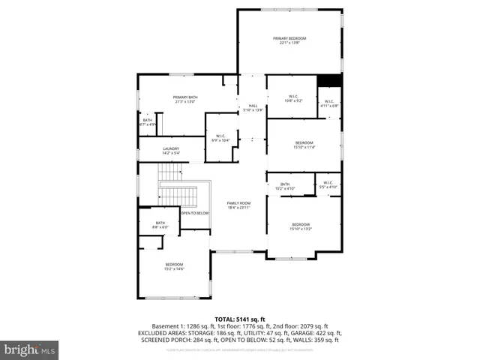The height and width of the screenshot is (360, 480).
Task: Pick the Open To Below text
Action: [194, 213]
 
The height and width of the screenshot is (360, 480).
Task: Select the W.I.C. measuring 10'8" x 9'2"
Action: [292, 97]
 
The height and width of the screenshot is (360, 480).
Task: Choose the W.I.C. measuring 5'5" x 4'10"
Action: [328, 184]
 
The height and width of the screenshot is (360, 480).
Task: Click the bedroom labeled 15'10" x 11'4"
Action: [304, 145]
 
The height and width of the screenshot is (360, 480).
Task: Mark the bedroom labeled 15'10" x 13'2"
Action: [301, 227]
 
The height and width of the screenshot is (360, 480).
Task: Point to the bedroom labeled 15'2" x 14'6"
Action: [174, 266]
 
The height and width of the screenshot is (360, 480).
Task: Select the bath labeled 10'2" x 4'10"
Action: [285, 186]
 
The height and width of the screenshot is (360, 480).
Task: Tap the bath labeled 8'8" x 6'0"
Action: [160, 224]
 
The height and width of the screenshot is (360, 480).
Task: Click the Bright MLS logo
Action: [30, 349]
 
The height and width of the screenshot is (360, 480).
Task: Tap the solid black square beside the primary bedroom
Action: [329, 80]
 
